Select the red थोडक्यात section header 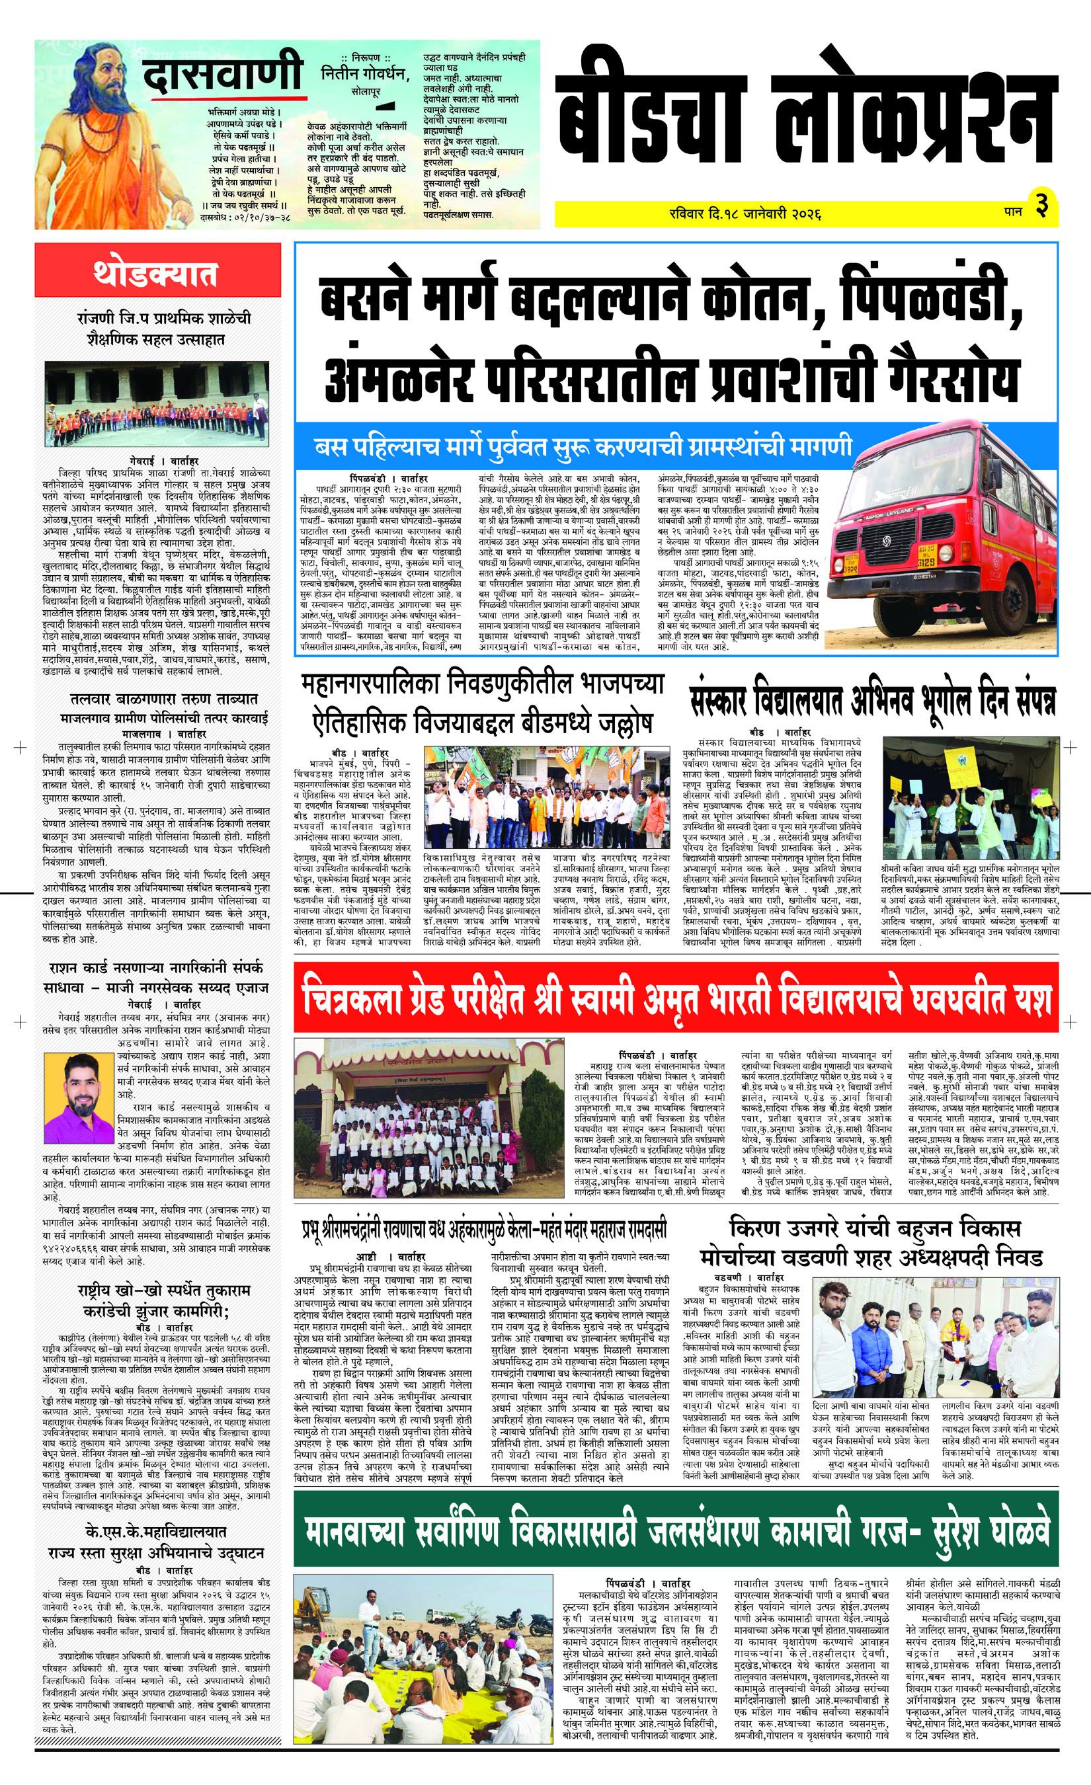154,276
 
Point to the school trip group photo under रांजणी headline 154,401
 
